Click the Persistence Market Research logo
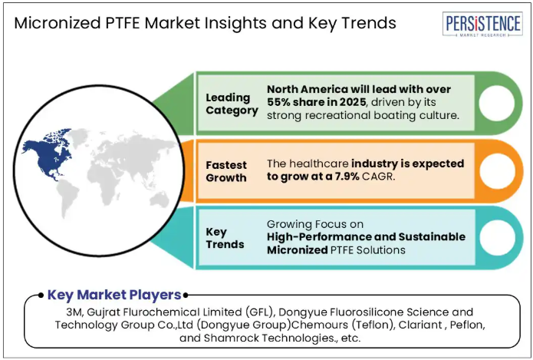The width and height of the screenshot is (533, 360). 482,24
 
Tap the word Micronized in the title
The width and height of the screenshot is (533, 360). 58,23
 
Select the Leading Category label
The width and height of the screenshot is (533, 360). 232,104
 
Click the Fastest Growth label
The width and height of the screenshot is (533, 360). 226,171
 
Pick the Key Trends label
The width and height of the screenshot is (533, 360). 225,238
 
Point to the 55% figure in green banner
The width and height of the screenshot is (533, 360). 278,102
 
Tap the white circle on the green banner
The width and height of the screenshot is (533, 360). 497,103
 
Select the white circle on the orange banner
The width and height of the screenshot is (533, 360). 498,171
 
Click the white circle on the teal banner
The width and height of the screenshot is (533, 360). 498,237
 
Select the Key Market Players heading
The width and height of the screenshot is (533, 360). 114,295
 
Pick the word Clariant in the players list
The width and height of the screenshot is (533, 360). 420,325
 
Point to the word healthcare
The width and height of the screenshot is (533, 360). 314,163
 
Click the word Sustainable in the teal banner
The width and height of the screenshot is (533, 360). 432,237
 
